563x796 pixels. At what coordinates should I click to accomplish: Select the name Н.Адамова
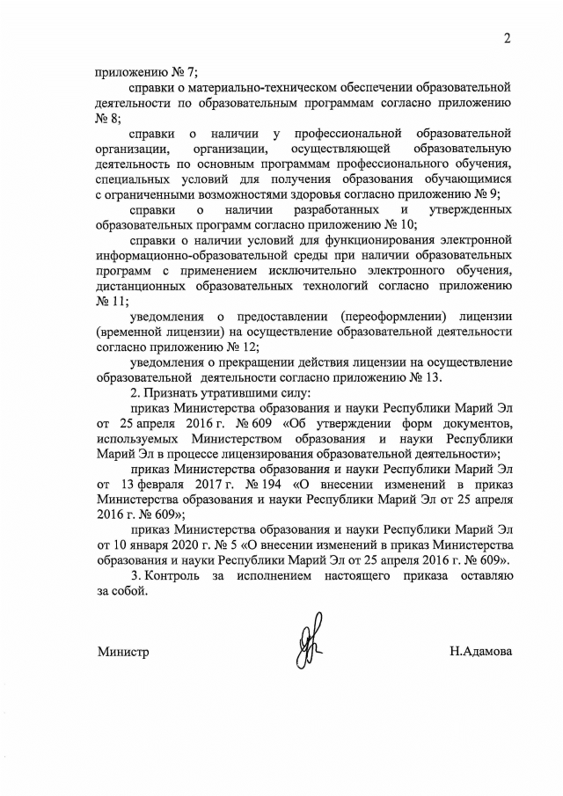coord(480,652)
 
